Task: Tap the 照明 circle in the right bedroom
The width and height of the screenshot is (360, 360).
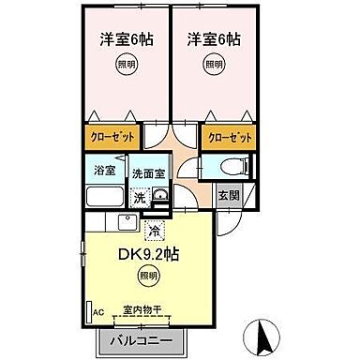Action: [214, 65]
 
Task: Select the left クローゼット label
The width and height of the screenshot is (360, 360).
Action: [112, 137]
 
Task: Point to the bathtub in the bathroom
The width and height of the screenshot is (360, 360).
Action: [105, 197]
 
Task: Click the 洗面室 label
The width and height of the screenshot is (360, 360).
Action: [145, 174]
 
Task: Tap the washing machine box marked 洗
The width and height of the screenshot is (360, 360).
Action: [139, 198]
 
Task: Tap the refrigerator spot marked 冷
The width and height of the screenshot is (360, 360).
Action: [154, 228]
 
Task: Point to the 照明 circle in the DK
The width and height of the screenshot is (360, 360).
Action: [147, 276]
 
